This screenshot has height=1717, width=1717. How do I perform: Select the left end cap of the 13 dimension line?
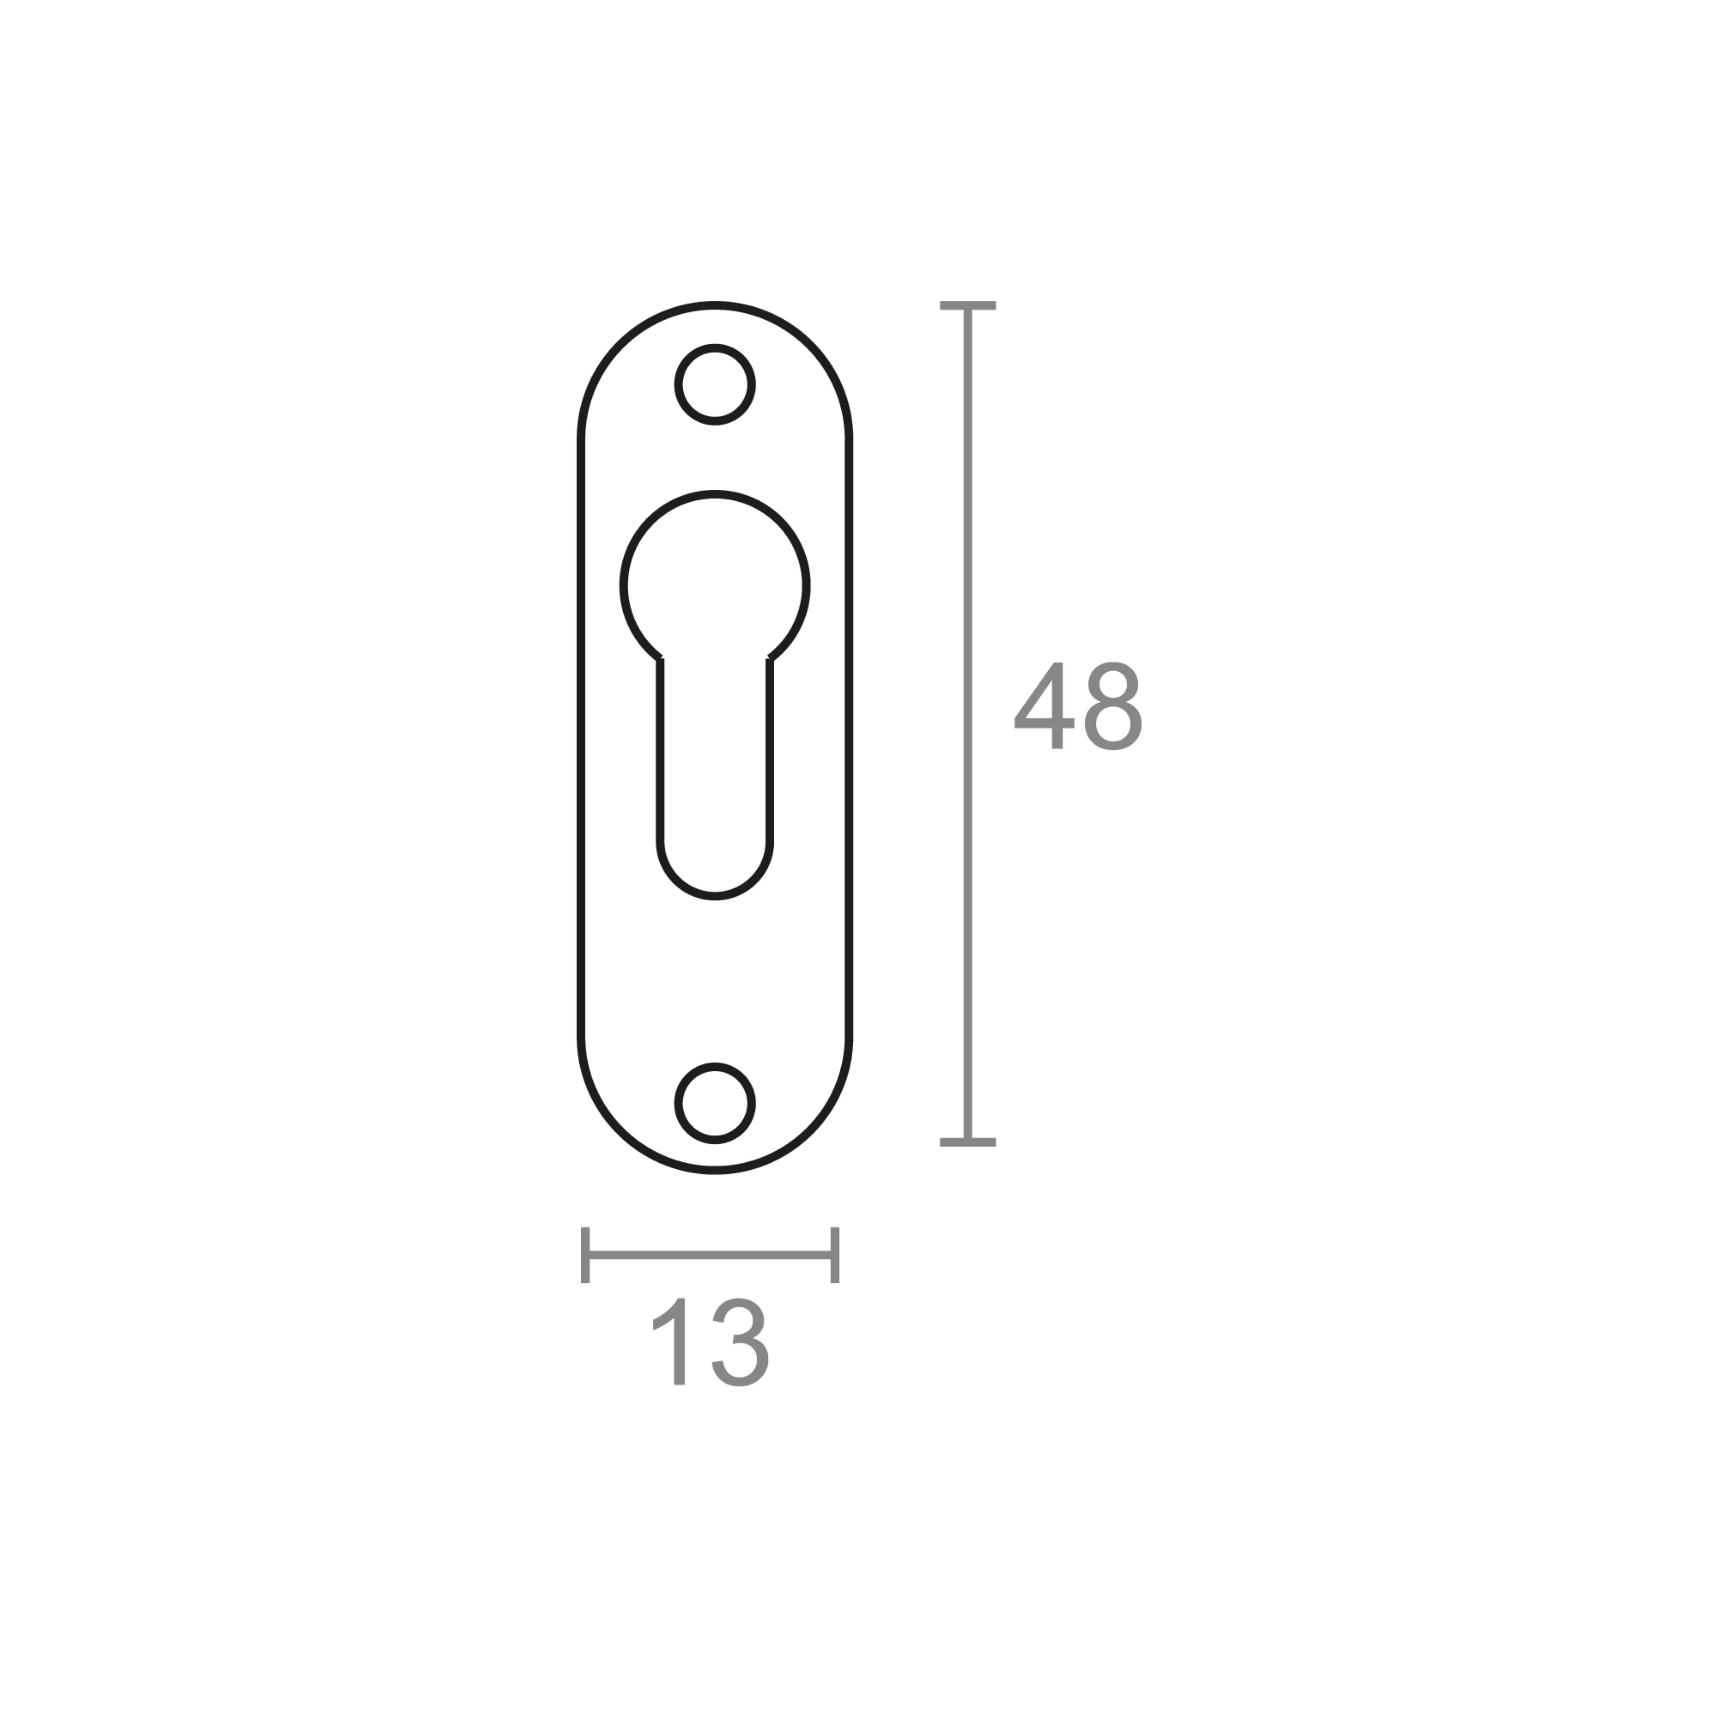point(585,1255)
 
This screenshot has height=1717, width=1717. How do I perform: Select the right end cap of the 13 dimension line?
point(834,1255)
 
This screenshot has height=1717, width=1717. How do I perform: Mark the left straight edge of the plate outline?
point(581,738)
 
